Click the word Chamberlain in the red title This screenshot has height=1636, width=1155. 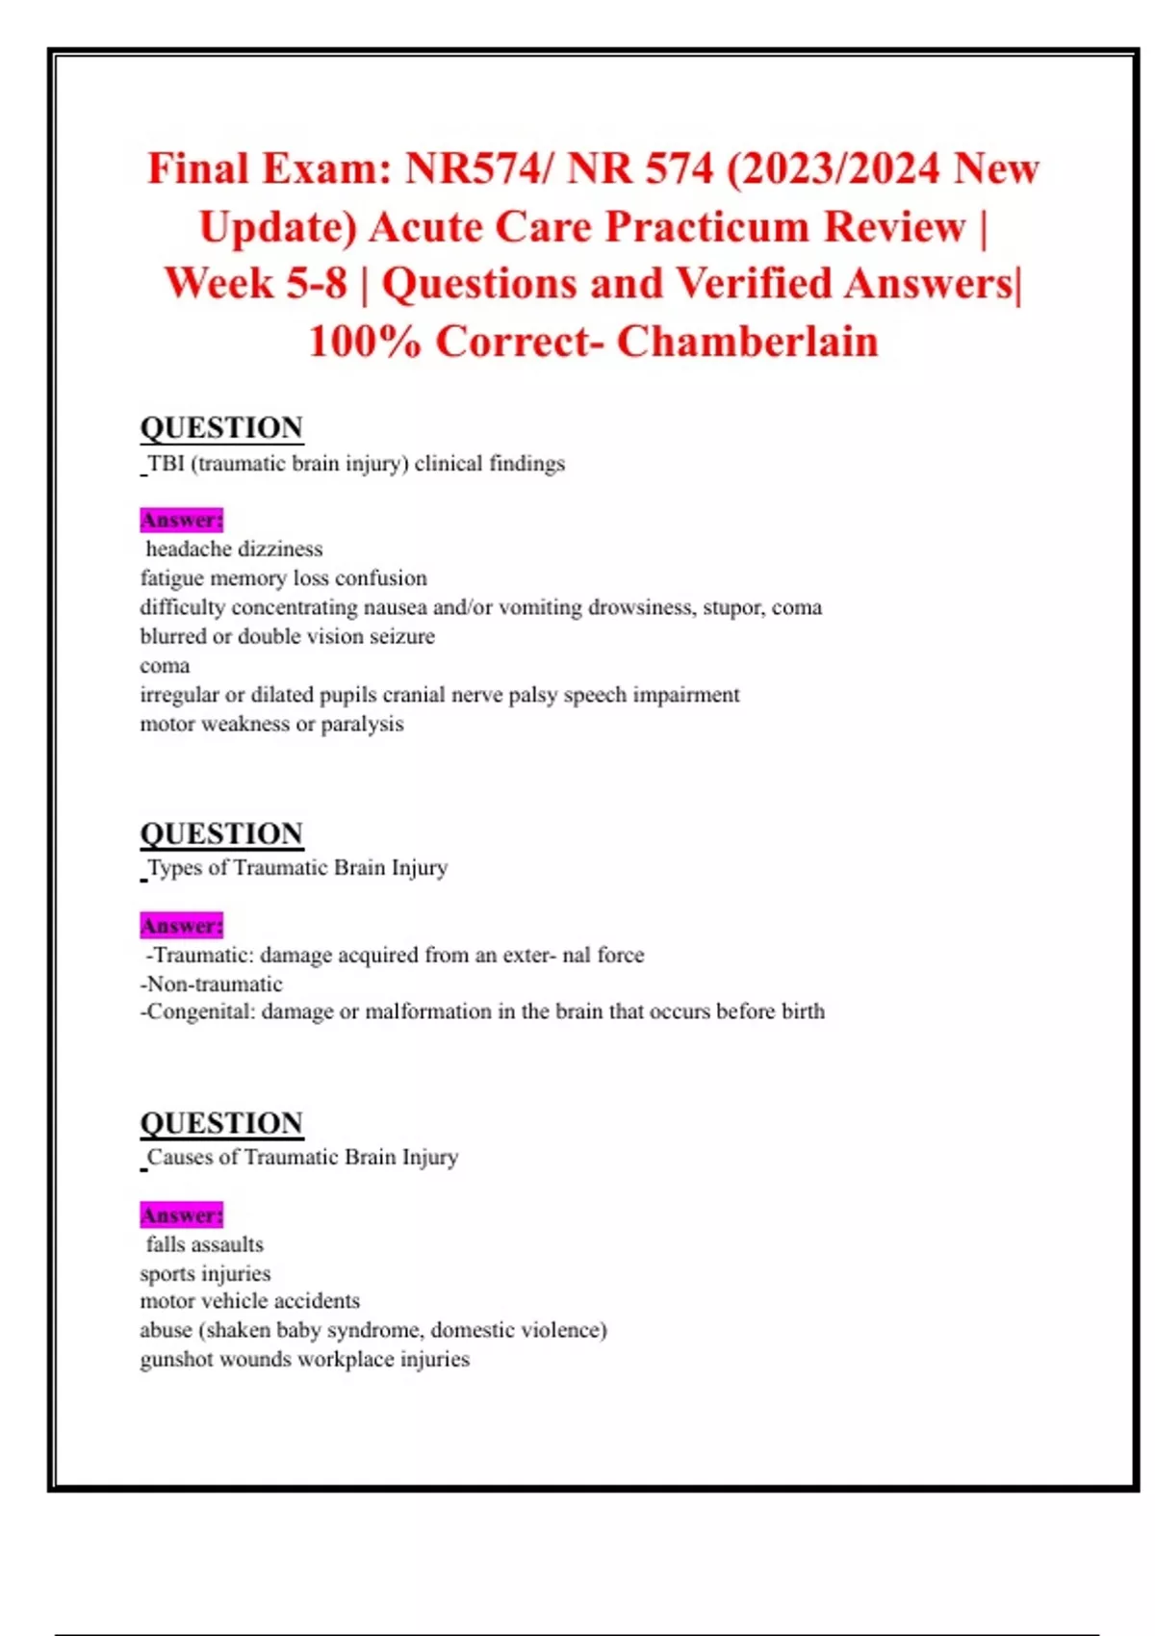[747, 342]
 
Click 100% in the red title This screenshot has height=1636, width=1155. [365, 342]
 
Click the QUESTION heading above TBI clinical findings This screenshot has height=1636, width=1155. [221, 427]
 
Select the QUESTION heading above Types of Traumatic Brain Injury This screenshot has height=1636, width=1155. [221, 833]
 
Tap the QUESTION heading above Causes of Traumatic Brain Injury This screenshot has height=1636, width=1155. [221, 1123]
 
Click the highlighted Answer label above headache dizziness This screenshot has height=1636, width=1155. [181, 520]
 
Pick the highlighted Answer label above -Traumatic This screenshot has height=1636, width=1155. [181, 926]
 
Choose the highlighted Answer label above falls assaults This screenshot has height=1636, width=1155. [181, 1215]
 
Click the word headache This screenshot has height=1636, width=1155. [187, 550]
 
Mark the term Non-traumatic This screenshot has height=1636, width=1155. [212, 984]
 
